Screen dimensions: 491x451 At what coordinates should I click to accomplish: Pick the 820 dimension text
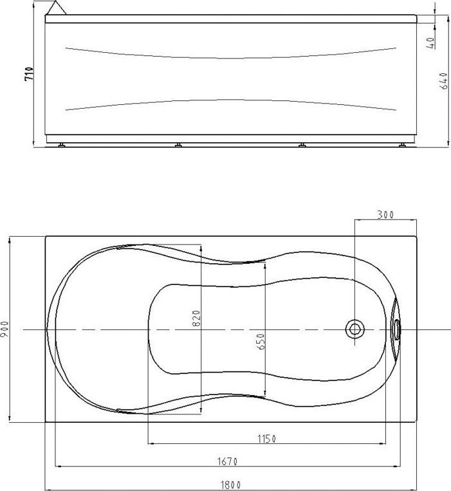pyautogui.click(x=197, y=317)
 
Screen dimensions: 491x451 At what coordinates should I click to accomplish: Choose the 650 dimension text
pyautogui.click(x=261, y=341)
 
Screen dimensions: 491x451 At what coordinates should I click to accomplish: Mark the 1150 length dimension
pyautogui.click(x=267, y=439)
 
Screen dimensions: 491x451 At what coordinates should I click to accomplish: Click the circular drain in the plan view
pyautogui.click(x=354, y=329)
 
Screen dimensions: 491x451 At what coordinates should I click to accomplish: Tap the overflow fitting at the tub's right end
pyautogui.click(x=396, y=329)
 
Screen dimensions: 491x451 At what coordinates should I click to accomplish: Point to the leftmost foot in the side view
pyautogui.click(x=62, y=145)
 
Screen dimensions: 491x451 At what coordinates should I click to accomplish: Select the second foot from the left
pyautogui.click(x=178, y=145)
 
